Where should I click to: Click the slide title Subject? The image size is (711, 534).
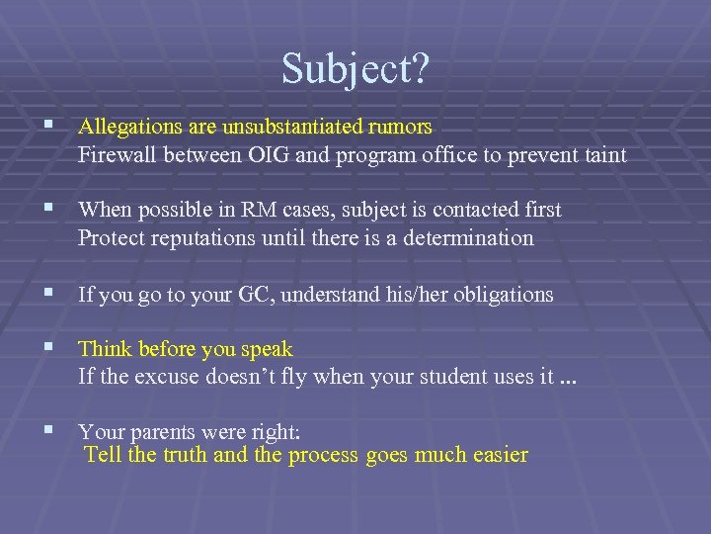point(355,68)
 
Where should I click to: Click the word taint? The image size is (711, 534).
point(602,155)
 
